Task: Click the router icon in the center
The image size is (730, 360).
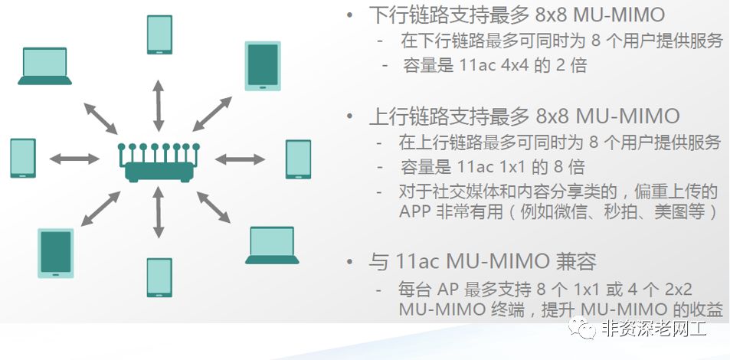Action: tap(160, 162)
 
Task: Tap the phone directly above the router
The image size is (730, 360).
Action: tap(159, 34)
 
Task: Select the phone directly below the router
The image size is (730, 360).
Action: tap(159, 277)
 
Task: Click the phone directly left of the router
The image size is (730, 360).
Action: tap(23, 158)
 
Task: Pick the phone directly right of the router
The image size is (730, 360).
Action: tap(298, 159)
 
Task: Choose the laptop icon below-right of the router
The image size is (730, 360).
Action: tap(272, 245)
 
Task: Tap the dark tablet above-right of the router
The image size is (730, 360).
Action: tap(262, 66)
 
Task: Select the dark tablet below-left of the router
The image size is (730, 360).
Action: tap(55, 253)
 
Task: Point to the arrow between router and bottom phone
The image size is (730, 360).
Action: tap(159, 214)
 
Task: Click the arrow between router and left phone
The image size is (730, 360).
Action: tap(74, 159)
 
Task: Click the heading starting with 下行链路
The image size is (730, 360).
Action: tap(516, 15)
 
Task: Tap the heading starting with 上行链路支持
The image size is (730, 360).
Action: tap(524, 116)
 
